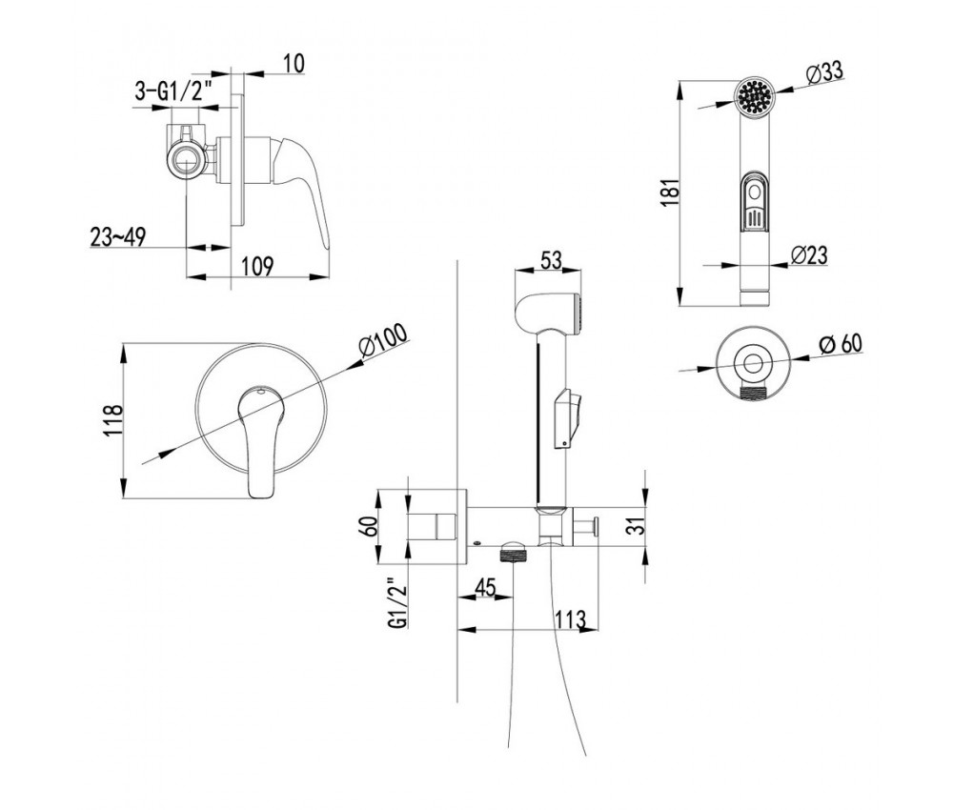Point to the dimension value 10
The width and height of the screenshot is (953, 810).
point(294,64)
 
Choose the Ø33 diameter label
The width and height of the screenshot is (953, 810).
point(825,72)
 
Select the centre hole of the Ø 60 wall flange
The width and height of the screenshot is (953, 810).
point(754,362)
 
